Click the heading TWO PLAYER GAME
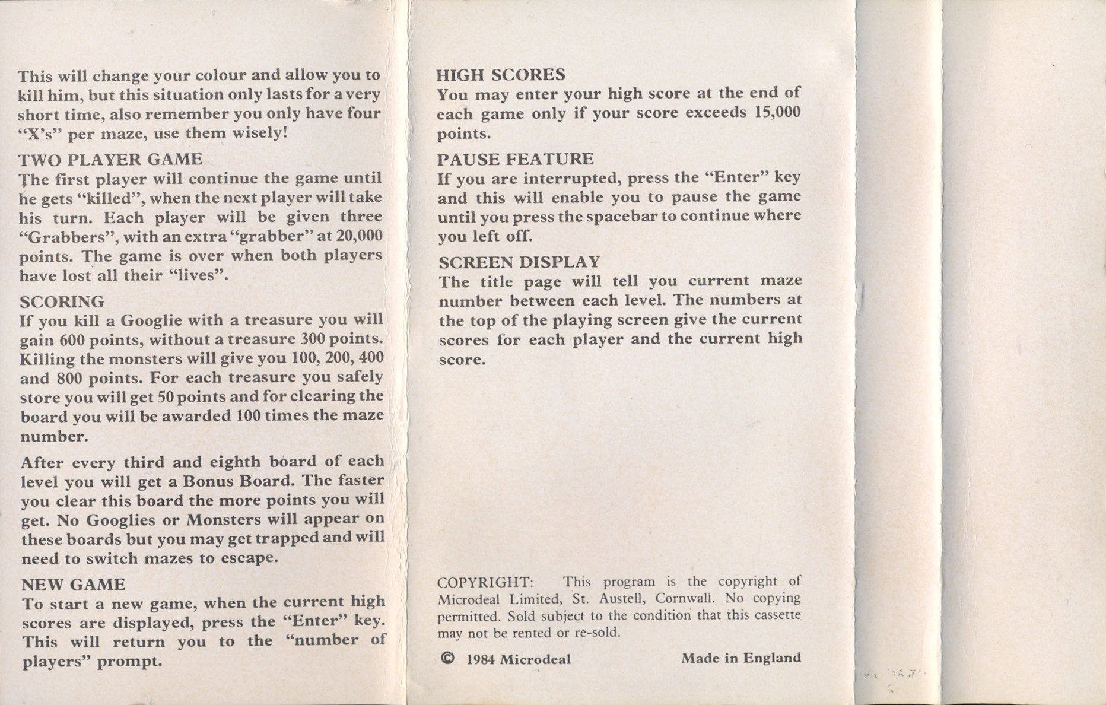pos(110,160)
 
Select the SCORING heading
pos(62,301)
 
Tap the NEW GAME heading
pos(73,585)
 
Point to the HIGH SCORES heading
pos(501,75)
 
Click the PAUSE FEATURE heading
pos(515,159)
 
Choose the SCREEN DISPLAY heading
pos(519,262)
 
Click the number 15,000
pos(777,112)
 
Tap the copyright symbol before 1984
pos(449,658)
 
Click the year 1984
pos(481,659)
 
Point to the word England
pos(772,658)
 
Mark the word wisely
pos(259,132)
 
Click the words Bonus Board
pos(232,481)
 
